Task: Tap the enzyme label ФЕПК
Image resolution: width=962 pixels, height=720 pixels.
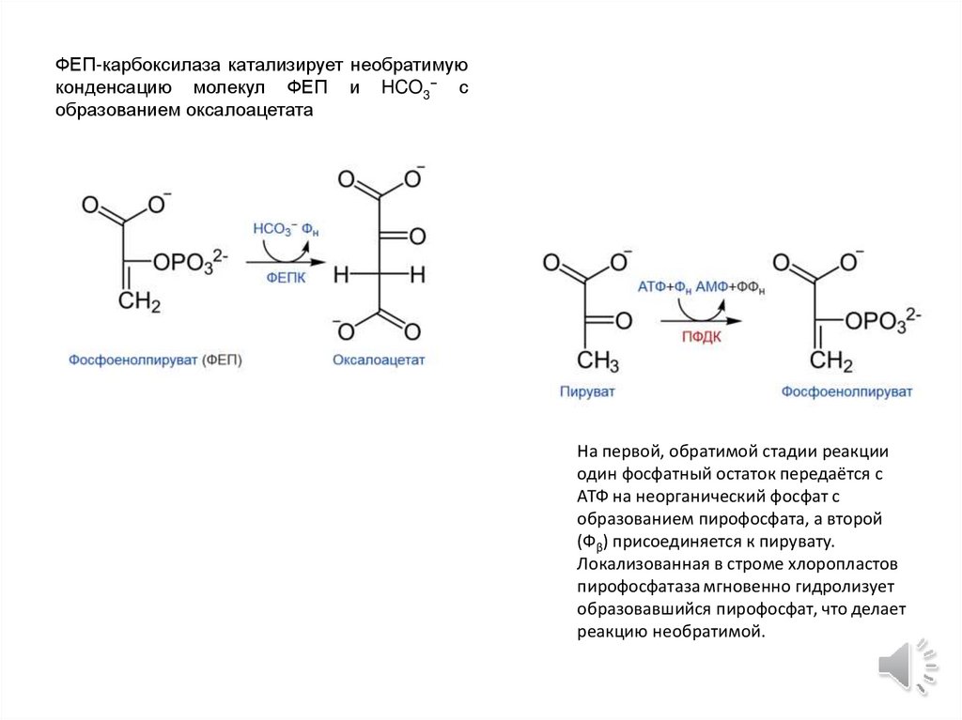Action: tap(286, 279)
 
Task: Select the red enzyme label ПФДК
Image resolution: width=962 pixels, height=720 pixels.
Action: tap(701, 337)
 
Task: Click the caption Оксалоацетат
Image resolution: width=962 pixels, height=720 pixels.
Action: tap(379, 360)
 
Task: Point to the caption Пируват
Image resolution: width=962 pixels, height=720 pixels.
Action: tap(586, 391)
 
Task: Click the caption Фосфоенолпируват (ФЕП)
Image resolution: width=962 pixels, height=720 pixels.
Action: tap(154, 360)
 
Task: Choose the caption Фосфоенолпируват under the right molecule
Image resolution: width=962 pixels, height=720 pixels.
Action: tap(846, 391)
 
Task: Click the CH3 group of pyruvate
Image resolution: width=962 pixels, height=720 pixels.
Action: tap(597, 361)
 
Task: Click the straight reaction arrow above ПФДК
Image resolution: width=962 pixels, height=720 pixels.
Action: tap(701, 320)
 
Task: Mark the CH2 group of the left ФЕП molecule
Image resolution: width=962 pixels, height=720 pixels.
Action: tap(139, 303)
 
